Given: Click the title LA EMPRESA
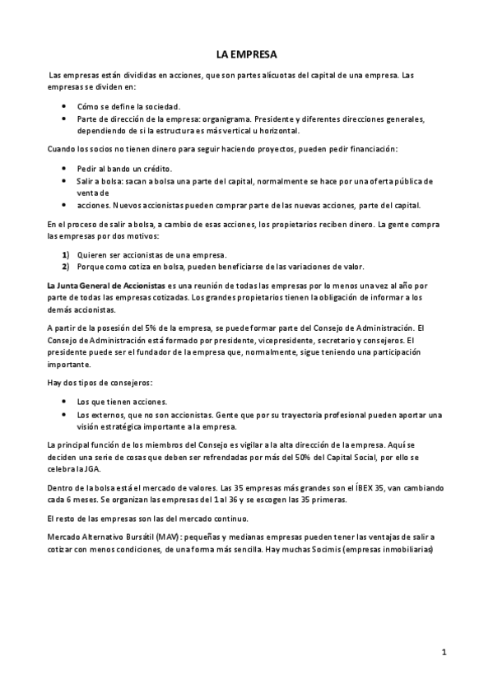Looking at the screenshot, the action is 246,54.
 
